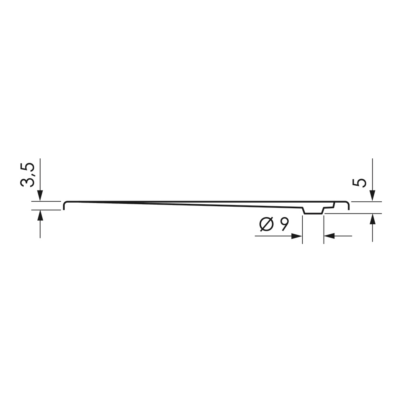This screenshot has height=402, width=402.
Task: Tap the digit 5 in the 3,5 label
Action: (x=27, y=166)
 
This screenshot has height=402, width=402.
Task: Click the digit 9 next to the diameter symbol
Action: (x=284, y=224)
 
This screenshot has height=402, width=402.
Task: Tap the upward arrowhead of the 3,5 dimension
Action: (x=40, y=215)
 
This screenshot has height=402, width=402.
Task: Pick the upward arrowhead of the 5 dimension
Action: (x=373, y=219)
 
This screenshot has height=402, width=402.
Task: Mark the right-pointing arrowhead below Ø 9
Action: (x=297, y=236)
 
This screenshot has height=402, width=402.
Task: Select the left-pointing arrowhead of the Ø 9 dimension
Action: (x=328, y=236)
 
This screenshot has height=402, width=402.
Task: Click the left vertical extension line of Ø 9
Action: (x=302, y=229)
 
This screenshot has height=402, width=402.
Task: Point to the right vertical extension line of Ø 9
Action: (x=324, y=229)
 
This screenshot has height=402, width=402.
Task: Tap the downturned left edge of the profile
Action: (x=64, y=206)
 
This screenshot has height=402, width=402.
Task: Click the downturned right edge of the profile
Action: (x=348, y=206)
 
